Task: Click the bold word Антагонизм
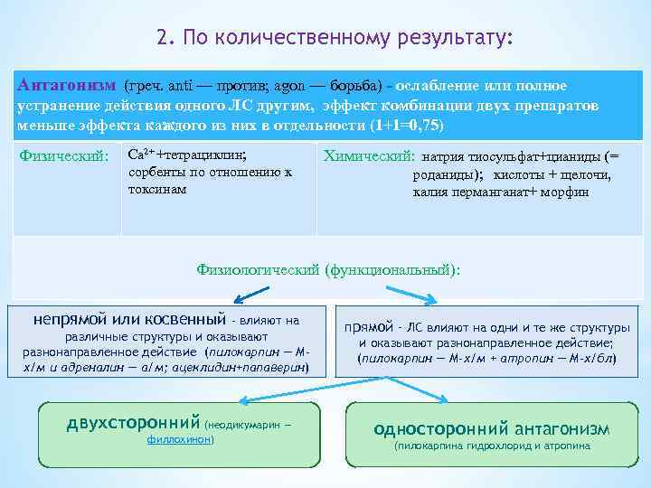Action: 66,85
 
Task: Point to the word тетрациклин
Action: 201,154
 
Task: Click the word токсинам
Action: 158,189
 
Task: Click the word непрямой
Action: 69,319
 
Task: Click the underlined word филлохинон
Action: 180,438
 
